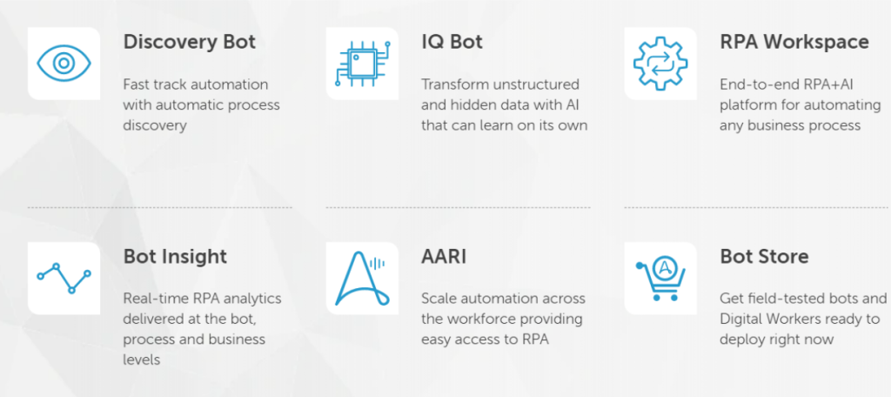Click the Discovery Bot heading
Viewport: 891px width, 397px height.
pyautogui.click(x=189, y=42)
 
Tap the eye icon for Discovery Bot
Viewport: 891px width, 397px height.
pyautogui.click(x=64, y=64)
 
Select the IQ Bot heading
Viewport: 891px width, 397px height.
pyautogui.click(x=452, y=42)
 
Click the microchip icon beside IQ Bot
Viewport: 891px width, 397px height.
pyautogui.click(x=363, y=64)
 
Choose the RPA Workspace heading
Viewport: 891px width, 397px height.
pyautogui.click(x=794, y=42)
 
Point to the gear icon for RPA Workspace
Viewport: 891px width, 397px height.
pyautogui.click(x=660, y=64)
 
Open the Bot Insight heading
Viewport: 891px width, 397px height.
pyautogui.click(x=175, y=257)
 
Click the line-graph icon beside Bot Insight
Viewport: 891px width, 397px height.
pyautogui.click(x=64, y=278)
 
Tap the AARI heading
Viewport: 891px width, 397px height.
pyautogui.click(x=444, y=257)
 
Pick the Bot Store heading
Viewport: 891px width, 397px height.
pyautogui.click(x=764, y=257)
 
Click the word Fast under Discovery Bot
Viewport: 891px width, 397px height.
pyautogui.click(x=137, y=84)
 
